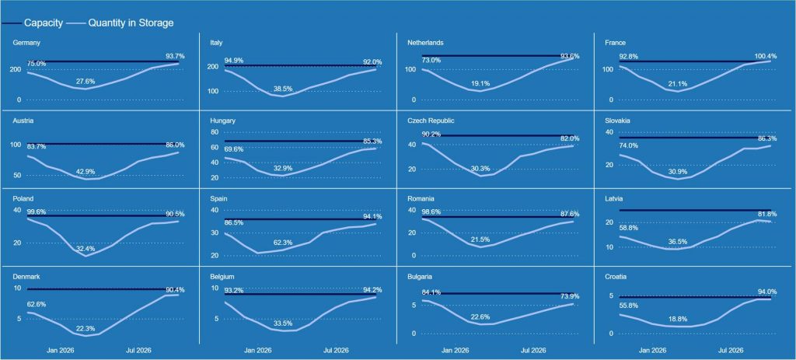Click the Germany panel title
pos(27,43)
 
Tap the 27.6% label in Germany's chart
pos(86,81)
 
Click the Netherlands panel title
pos(426,43)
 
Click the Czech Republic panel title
pos(432,121)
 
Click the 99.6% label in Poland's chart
pos(37,212)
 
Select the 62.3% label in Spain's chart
pos(283,243)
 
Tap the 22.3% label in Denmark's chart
pos(86,329)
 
